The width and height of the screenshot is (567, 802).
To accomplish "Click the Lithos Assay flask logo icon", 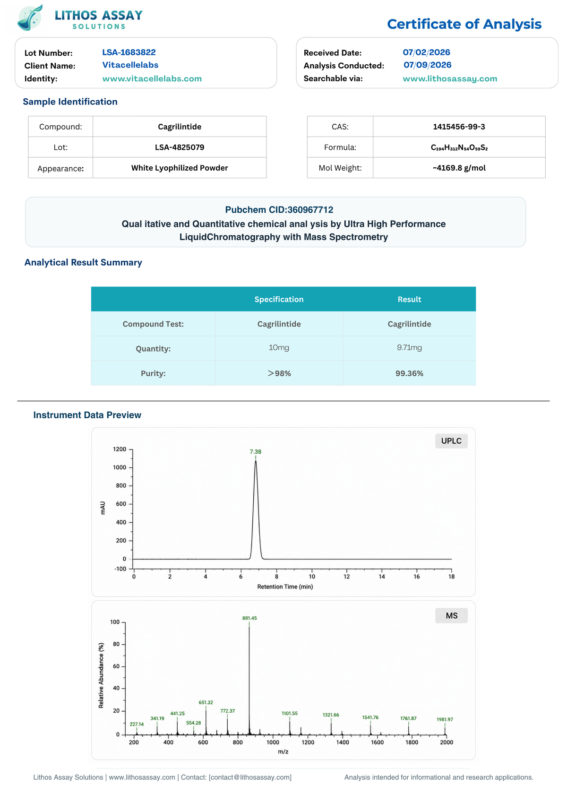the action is (30, 17).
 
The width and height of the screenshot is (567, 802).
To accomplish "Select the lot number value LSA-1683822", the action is (129, 52).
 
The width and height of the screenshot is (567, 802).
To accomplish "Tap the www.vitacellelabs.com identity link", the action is (152, 78).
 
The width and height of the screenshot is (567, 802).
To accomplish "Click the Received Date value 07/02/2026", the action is (426, 52).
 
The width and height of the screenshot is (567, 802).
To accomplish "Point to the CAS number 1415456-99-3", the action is (459, 127).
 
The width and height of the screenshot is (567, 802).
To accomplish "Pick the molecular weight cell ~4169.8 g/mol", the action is (459, 168).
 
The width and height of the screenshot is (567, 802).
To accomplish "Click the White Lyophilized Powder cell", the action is (180, 168).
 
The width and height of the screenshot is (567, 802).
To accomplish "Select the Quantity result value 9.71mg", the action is (409, 347).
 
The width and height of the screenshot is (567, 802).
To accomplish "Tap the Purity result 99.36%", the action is (409, 373).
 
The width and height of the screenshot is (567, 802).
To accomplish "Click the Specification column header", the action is (279, 299).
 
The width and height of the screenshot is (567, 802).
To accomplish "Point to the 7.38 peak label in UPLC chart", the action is (256, 451).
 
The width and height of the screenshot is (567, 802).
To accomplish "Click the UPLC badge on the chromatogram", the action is (451, 441).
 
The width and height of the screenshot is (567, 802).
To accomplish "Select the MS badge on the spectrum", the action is (451, 615).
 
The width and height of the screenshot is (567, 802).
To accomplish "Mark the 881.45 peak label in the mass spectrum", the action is (249, 618).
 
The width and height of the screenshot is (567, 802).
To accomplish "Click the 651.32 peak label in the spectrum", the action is (206, 702).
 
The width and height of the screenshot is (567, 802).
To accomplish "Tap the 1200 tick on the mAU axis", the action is (120, 449).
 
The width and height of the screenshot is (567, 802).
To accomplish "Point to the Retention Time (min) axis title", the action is (285, 586).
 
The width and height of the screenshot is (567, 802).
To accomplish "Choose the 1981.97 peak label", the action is (445, 719).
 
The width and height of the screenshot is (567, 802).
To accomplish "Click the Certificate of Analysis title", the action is (464, 24).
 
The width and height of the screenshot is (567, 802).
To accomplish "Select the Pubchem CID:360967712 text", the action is (279, 210).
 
